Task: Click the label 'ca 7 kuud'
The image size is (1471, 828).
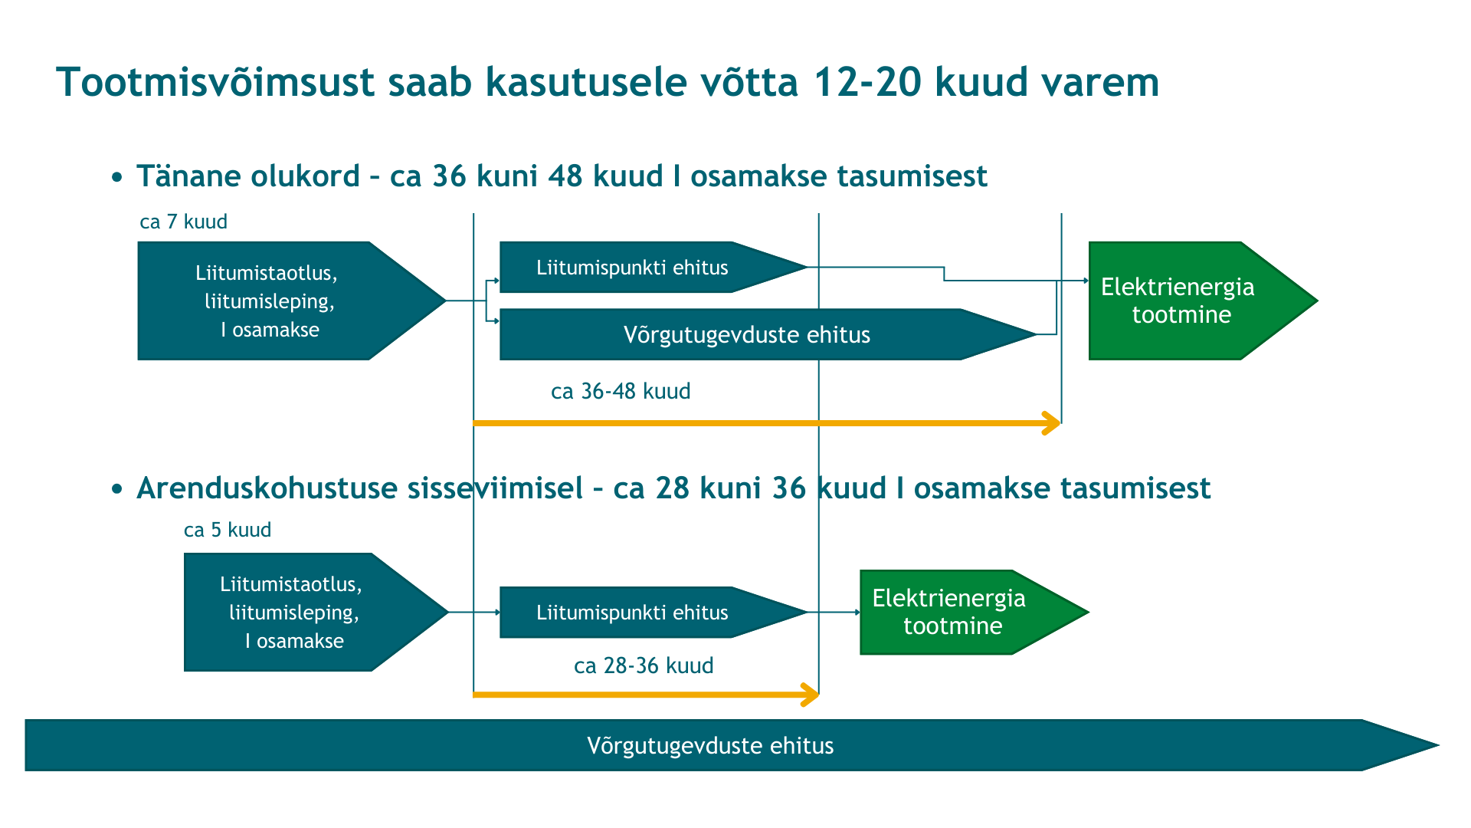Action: [x=183, y=222]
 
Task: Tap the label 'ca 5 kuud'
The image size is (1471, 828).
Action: [x=228, y=530]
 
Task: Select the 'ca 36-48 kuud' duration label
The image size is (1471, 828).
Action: [x=621, y=391]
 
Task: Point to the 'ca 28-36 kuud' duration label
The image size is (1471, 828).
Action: [x=644, y=665]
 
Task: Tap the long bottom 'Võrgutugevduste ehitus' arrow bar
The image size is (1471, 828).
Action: [x=732, y=745]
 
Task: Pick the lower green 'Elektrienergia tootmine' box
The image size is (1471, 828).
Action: [x=974, y=612]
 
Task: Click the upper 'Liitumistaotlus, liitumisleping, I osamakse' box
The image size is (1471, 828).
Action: [x=291, y=301]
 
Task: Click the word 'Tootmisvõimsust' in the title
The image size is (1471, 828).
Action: [x=215, y=82]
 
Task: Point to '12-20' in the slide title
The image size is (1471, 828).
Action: [x=867, y=82]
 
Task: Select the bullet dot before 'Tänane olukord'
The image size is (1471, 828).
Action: [x=116, y=178]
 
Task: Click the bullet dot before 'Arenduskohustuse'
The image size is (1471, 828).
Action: [x=116, y=489]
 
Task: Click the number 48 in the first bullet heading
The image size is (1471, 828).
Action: [x=565, y=176]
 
